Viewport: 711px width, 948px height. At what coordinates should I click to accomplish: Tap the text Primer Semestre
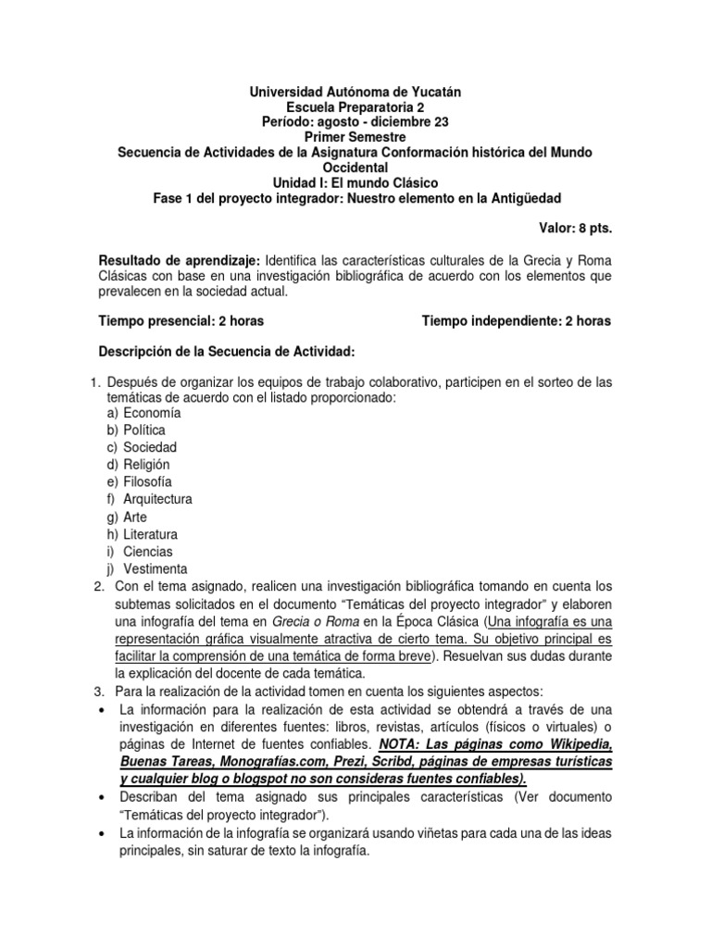[355, 137]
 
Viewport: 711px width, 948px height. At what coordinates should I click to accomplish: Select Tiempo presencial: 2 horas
[181, 321]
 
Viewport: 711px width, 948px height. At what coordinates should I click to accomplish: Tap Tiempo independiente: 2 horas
[517, 321]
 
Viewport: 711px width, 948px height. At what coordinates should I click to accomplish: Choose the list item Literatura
[151, 534]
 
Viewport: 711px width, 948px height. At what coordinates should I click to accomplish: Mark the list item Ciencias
[148, 551]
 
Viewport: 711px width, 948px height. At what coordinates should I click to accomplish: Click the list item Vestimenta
[156, 568]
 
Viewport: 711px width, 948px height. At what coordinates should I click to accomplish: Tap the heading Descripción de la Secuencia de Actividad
[240, 352]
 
